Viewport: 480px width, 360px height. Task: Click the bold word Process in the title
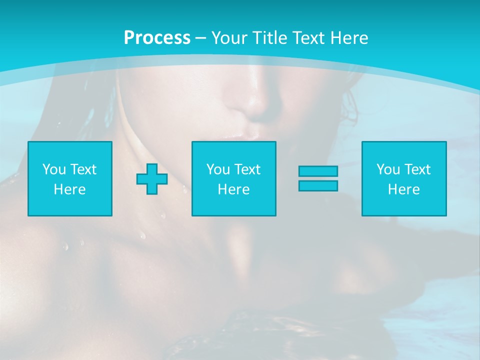[x=157, y=38]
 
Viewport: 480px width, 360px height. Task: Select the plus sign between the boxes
[x=152, y=179]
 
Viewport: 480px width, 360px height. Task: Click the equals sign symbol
[x=318, y=178]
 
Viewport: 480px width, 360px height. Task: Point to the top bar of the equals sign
[x=318, y=171]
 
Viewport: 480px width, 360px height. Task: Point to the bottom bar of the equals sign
[x=318, y=186]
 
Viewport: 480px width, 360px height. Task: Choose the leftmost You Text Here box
[x=70, y=178]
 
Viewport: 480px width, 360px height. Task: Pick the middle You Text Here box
[x=234, y=178]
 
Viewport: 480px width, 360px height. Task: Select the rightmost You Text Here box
[x=404, y=178]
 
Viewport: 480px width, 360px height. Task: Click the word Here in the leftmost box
[x=70, y=189]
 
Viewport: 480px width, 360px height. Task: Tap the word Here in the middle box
[x=234, y=189]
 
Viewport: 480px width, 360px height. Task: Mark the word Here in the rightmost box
[x=404, y=189]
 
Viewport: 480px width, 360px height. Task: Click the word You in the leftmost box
[x=54, y=169]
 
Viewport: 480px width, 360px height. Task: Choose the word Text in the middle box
[x=247, y=169]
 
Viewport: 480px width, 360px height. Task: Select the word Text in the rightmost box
[x=417, y=169]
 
